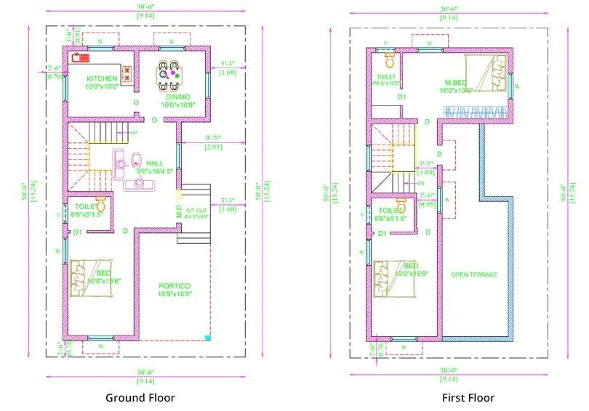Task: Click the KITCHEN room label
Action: click(x=102, y=78)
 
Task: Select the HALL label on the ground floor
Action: click(x=155, y=163)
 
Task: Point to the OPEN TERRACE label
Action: click(x=474, y=274)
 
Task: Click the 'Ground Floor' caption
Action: click(x=140, y=397)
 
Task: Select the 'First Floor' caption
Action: click(x=468, y=397)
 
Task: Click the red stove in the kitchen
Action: click(x=79, y=58)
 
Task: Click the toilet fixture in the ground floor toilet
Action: click(x=100, y=206)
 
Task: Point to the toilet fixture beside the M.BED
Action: click(x=389, y=56)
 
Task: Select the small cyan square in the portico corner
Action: click(x=207, y=337)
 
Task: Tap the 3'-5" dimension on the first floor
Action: click(x=426, y=163)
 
